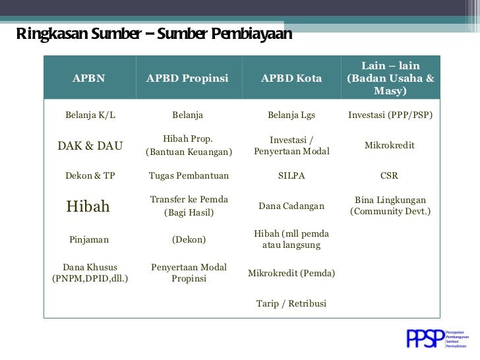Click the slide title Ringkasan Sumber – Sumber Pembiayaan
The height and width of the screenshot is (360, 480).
(153, 34)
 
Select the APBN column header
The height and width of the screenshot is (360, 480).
(89, 78)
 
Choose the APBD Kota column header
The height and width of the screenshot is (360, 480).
(291, 78)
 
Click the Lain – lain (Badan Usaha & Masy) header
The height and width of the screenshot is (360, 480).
(390, 78)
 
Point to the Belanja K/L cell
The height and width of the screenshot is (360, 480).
(90, 115)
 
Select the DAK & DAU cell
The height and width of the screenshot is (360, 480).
(90, 146)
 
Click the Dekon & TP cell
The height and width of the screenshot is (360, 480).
(90, 176)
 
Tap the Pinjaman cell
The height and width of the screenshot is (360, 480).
(89, 240)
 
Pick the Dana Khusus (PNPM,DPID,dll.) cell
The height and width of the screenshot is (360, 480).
(90, 273)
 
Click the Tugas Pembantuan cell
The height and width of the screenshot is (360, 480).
(189, 176)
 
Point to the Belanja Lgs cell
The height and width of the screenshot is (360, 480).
(291, 115)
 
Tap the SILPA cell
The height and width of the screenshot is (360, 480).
(291, 176)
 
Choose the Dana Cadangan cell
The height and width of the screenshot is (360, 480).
(291, 206)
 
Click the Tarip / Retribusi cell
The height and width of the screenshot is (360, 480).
(291, 304)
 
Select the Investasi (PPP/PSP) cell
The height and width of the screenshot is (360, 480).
(390, 115)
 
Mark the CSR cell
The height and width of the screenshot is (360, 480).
(390, 176)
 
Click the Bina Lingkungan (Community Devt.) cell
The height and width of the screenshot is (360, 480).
(390, 206)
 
